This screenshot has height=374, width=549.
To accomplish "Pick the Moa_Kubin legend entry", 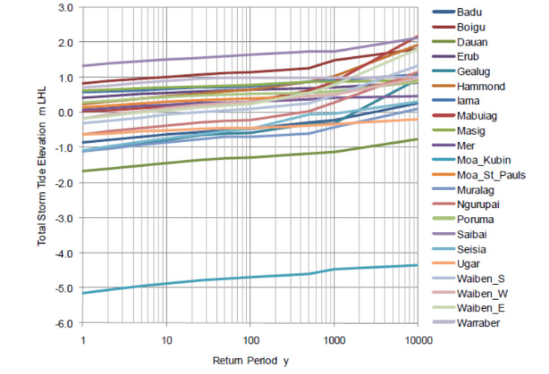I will click(483, 160).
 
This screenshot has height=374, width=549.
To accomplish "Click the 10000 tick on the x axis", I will click(417, 339).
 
